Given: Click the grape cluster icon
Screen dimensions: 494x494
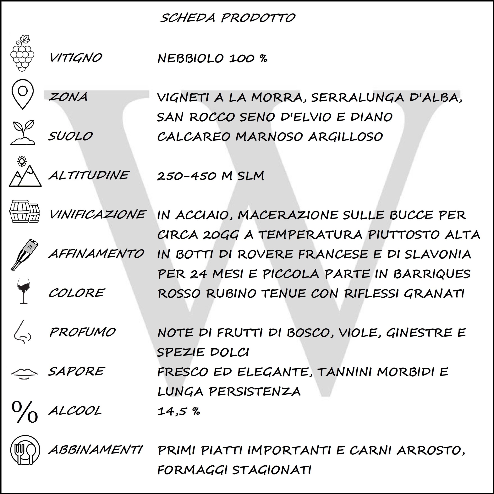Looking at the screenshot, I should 22,53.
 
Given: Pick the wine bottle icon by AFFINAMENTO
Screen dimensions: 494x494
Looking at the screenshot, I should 25,254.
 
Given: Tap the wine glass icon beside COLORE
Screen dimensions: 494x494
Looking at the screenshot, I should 23,291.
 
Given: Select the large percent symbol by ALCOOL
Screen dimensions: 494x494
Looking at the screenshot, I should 25,412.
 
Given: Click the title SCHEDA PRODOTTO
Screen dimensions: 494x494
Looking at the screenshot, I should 228,18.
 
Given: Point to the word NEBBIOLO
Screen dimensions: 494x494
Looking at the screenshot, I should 190,58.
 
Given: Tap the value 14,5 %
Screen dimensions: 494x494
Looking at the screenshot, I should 178,411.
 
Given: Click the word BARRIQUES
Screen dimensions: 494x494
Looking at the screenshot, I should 432,274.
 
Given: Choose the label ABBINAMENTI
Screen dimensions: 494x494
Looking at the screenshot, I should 95,450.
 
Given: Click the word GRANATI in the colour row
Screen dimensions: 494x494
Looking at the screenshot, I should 434,293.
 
